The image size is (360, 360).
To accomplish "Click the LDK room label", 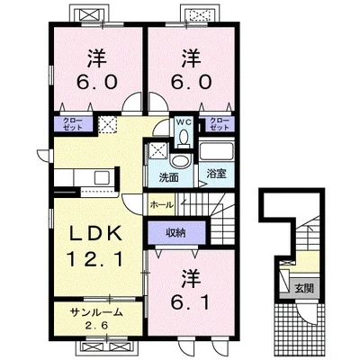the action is pos(95,233).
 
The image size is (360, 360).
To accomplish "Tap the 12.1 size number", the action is pos(95,259).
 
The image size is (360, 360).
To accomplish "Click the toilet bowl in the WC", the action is pos(183,138).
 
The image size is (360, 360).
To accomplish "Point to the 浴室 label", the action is pos(216,174).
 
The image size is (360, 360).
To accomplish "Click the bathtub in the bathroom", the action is pos(216,152).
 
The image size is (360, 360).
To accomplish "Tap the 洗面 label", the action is pos(168,178).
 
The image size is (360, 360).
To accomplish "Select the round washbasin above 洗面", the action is pos(180,162).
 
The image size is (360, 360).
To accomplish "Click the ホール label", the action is pos(161,205).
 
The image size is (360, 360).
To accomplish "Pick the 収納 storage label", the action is pos(176,233).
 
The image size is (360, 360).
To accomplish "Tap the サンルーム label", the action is pos(96,312).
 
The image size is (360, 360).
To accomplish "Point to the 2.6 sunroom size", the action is pos(96,325).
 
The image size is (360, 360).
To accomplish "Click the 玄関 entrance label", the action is pos(304,288).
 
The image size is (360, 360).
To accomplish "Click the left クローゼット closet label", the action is pos(73,123).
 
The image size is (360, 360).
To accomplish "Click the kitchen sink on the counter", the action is pos(103,178).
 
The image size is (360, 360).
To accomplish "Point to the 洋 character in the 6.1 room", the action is pos(191,279).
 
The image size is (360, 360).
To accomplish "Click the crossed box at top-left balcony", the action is pos(88,14).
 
